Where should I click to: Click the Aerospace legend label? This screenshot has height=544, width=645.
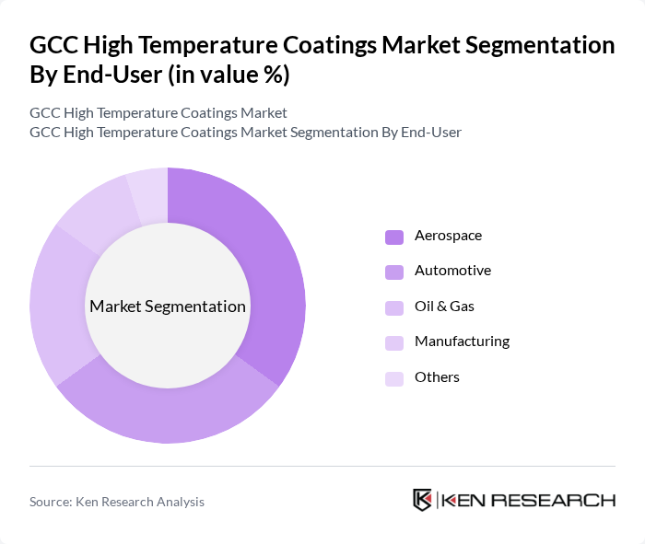point(448,236)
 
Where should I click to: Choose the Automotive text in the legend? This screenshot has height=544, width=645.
point(452,271)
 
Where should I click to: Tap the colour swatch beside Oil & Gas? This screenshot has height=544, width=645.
point(393,307)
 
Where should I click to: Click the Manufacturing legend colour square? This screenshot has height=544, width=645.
point(393,342)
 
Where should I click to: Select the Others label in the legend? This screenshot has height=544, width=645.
point(437,377)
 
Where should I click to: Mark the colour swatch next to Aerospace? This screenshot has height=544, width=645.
point(393,237)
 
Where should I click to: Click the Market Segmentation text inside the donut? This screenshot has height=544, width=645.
point(168,307)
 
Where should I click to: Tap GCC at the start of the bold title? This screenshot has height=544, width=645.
point(53,45)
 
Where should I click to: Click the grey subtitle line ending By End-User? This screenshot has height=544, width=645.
point(245,133)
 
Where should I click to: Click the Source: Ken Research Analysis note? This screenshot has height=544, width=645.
point(117,502)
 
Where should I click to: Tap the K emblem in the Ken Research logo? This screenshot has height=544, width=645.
point(423,500)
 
